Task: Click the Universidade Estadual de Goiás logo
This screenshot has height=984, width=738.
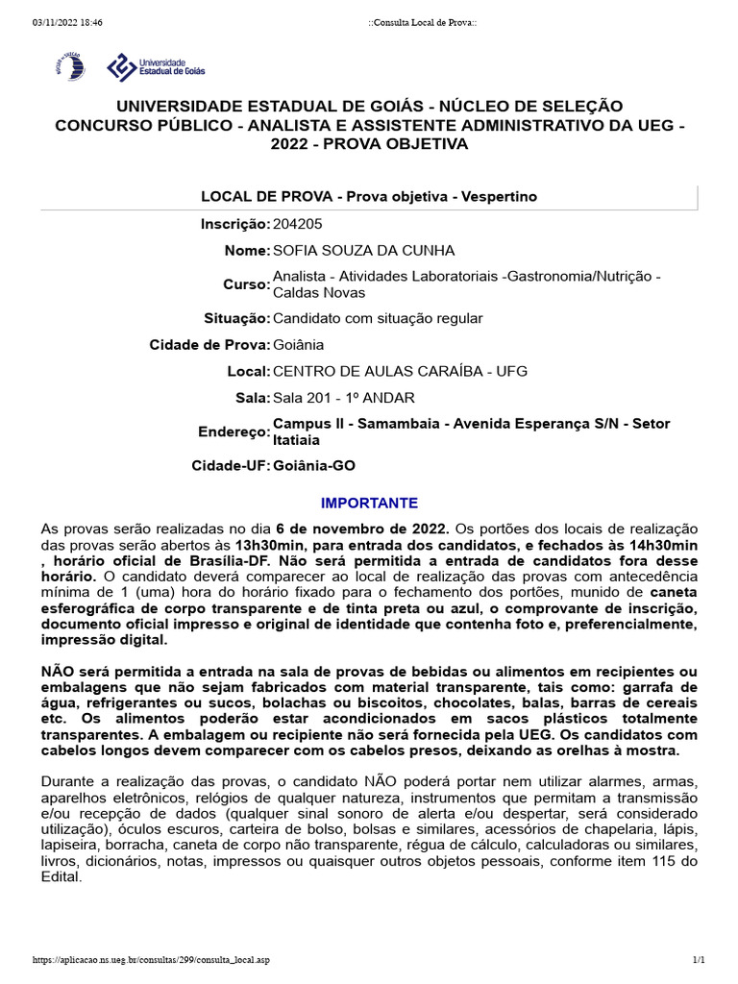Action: [x=155, y=65]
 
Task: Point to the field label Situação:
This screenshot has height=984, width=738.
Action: [x=237, y=317]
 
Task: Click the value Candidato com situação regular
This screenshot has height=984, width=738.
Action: [x=378, y=317]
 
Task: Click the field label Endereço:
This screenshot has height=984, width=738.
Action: [x=234, y=432]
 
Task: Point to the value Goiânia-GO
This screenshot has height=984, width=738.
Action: [x=314, y=466]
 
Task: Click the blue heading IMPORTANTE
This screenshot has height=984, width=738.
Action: [x=369, y=503]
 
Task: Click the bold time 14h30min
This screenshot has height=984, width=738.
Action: [x=664, y=545]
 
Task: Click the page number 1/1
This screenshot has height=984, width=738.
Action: [x=699, y=960]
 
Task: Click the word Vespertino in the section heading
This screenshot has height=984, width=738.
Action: [x=499, y=196]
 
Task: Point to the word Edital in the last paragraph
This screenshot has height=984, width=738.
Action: [x=60, y=876]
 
